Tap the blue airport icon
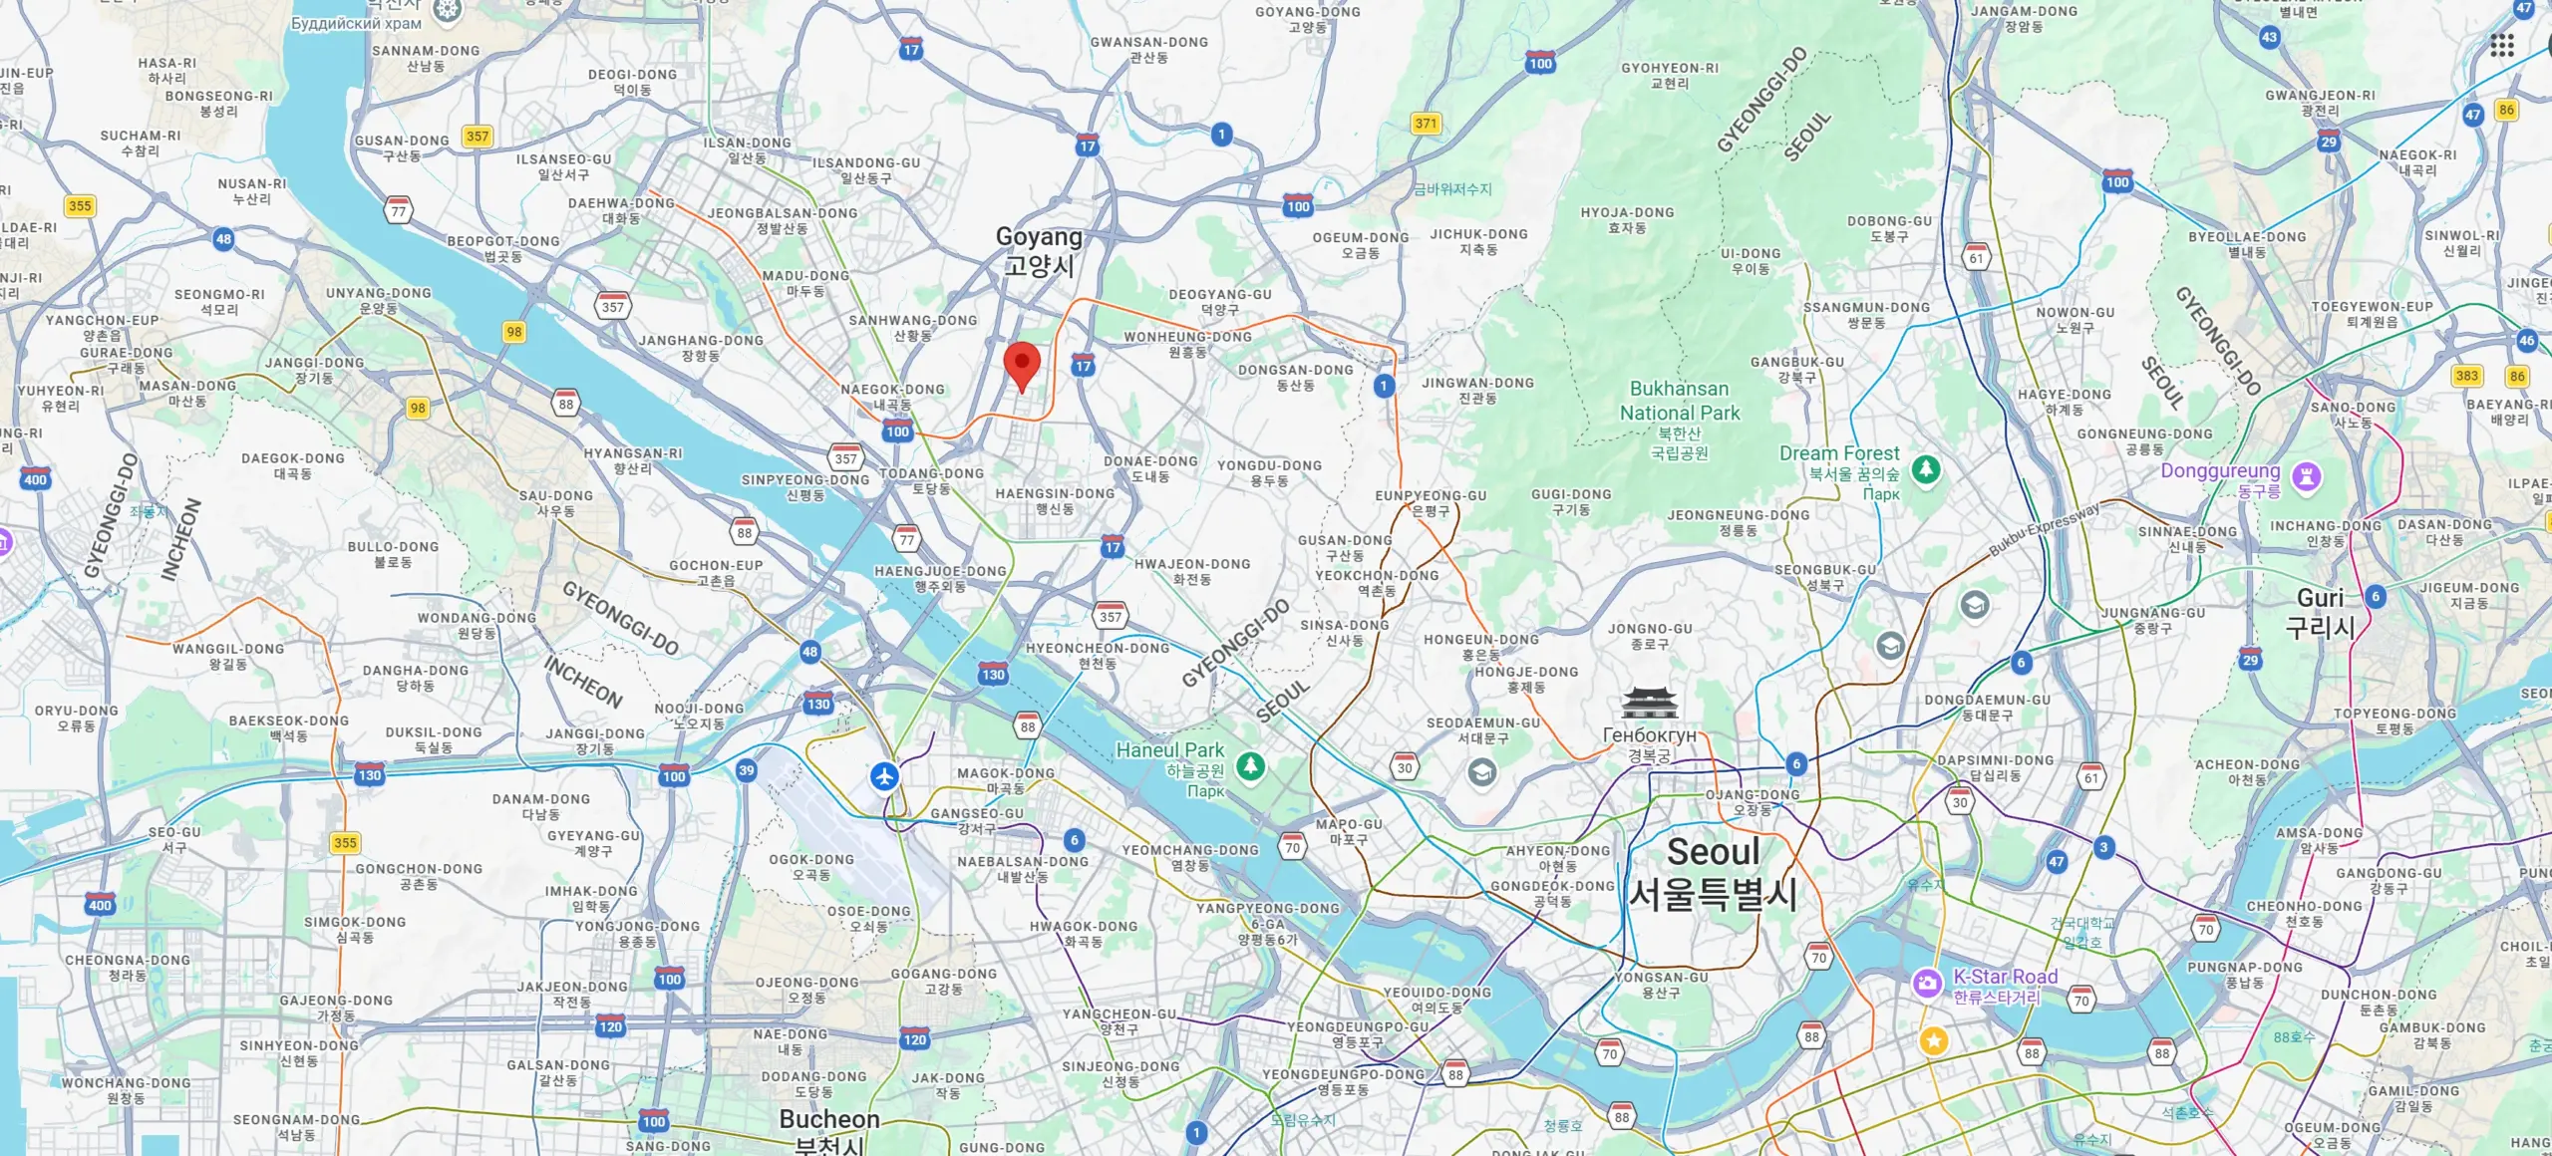click(x=884, y=775)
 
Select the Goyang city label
click(x=1039, y=250)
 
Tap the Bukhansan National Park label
click(x=1680, y=401)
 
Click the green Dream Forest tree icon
click(x=1926, y=469)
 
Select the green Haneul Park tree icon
click(x=1250, y=765)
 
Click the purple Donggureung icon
click(x=2306, y=476)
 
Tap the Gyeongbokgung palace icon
click(x=1649, y=703)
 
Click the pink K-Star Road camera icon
click(x=1927, y=984)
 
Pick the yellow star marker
click(x=1934, y=1040)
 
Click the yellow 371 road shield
click(x=1426, y=124)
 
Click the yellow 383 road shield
click(x=2466, y=376)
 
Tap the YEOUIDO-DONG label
click(x=1436, y=993)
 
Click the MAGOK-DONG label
click(x=1005, y=773)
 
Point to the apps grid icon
click(x=2501, y=45)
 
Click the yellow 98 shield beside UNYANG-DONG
click(x=513, y=332)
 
